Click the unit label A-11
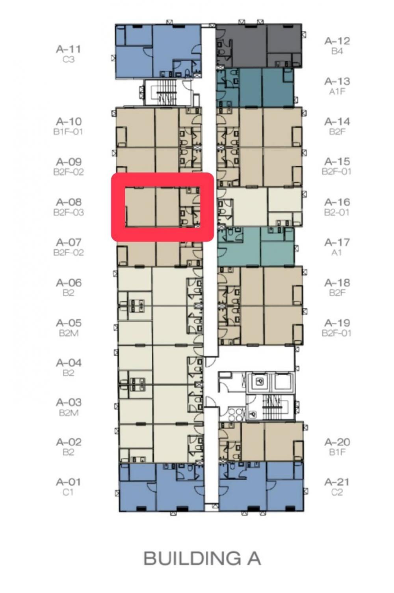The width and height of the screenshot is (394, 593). [69, 49]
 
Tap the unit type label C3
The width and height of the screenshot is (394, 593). [69, 59]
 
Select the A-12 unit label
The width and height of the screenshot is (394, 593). [337, 41]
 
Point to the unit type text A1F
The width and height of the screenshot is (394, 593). [337, 91]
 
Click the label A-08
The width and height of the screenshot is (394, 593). [69, 202]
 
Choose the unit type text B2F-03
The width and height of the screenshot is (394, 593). [69, 212]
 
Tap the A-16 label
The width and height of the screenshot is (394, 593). [337, 202]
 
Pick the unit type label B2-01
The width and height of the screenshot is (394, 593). [336, 212]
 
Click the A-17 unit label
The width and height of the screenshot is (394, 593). [337, 242]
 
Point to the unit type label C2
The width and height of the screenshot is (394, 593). [336, 492]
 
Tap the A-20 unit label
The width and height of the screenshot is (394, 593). [337, 442]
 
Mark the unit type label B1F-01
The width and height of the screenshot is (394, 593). [68, 131]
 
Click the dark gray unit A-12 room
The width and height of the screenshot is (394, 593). [259, 45]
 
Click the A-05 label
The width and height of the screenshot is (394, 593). [69, 323]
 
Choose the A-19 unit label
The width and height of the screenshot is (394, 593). [337, 323]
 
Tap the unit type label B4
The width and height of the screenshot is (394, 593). [337, 51]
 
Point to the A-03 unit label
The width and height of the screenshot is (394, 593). [69, 402]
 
